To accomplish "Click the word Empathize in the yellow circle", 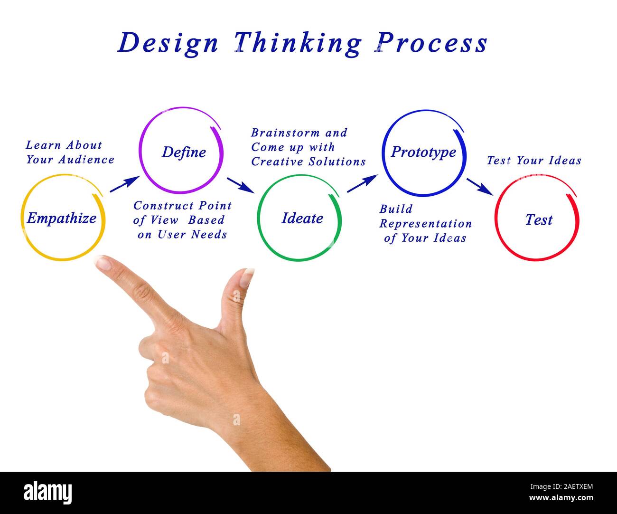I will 62,219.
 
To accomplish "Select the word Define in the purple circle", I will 184,152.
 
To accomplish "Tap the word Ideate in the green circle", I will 302,219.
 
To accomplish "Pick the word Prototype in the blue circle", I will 423,152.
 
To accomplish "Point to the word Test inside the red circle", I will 539,220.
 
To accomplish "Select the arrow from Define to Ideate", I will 240,185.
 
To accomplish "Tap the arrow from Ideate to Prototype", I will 362,183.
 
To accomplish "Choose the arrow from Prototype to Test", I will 480,186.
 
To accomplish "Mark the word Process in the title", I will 433,43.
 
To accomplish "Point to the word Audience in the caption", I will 85,160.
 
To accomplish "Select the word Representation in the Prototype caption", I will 426,224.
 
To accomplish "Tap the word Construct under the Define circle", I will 163,206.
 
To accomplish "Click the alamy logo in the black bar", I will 48,492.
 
